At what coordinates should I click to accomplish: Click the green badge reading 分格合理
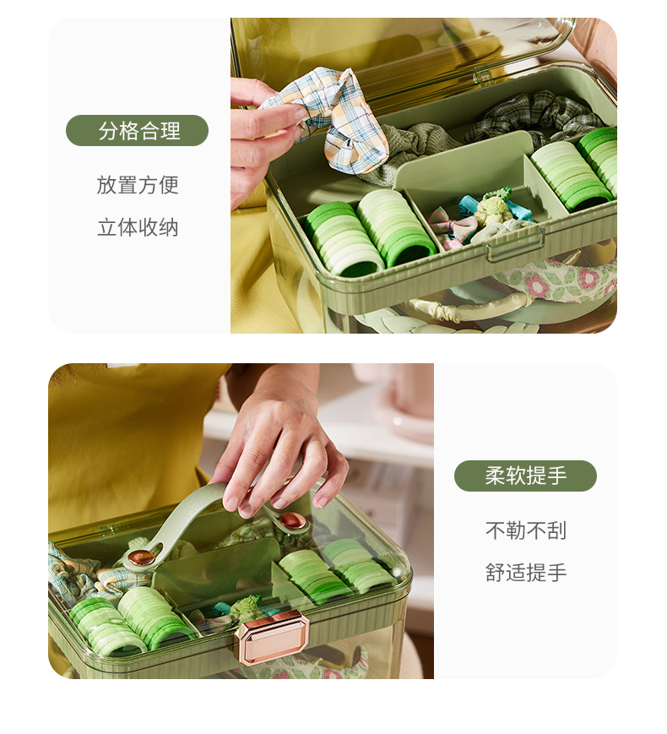137,131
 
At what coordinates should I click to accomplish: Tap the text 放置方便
138,185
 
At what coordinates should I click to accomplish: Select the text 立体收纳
138,227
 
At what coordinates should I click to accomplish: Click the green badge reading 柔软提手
525,476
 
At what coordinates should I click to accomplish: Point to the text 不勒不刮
525,530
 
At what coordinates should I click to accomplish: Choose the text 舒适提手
525,573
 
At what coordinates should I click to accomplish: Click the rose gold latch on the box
272,636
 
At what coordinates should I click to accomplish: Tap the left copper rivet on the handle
141,557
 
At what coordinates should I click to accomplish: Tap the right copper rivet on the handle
292,520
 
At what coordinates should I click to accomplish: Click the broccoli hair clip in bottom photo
246,606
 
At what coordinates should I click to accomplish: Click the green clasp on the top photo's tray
514,246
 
